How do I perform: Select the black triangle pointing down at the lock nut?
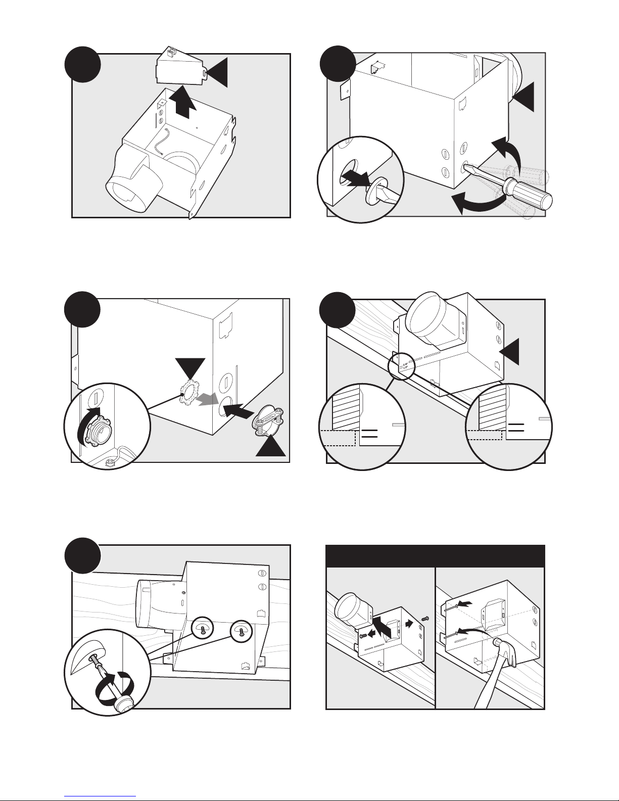click(x=190, y=367)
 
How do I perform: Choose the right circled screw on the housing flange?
click(x=241, y=630)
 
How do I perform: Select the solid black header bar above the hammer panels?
click(x=435, y=556)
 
